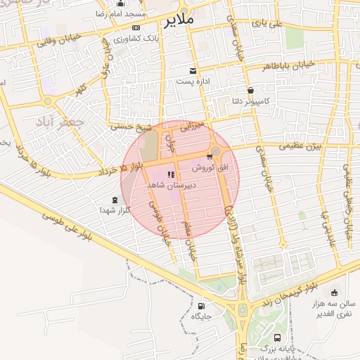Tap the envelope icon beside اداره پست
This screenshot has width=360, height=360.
coord(193,71)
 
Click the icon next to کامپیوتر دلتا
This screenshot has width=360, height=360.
coord(251,90)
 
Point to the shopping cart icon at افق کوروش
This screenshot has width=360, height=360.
coord(209,156)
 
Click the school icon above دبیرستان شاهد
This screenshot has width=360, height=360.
coord(169,174)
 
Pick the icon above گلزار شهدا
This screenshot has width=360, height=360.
coord(115,200)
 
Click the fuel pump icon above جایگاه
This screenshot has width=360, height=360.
coord(202,306)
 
